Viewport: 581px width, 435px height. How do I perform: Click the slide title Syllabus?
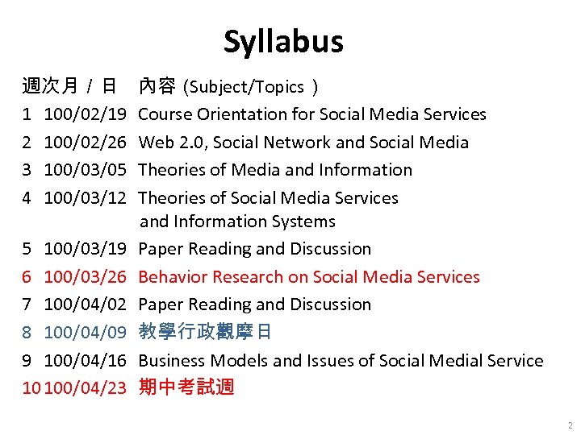[283, 42]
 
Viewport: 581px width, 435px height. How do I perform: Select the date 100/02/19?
[85, 114]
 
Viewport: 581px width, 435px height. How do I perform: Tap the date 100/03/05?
[85, 170]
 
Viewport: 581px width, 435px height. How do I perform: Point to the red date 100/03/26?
[85, 277]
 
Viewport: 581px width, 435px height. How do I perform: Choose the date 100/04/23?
[86, 388]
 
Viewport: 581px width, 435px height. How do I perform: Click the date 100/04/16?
[85, 360]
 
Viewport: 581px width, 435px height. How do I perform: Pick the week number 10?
[31, 388]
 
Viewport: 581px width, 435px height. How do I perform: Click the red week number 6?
[27, 277]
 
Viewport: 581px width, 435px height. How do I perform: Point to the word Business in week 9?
[172, 360]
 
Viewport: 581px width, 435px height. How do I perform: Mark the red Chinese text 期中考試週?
[186, 387]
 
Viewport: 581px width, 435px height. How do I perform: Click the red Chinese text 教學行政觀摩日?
[205, 332]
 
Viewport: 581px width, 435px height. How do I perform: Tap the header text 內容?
[157, 85]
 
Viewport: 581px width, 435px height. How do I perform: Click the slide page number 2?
[570, 425]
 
